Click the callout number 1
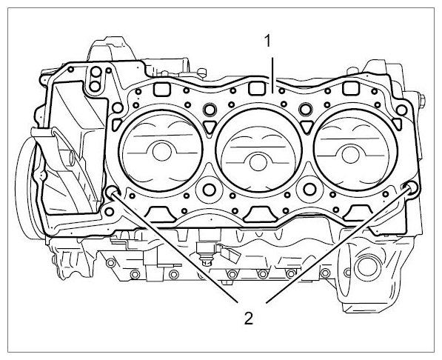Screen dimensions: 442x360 point(267,41)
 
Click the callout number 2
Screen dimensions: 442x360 point(248,319)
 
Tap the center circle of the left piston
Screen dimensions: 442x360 point(162,152)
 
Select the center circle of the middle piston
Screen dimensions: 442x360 point(258,162)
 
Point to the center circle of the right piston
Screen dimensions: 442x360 point(351,156)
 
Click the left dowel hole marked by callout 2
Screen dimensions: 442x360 point(113,192)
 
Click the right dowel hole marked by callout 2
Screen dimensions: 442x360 point(412,187)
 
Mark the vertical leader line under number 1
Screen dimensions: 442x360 point(272,76)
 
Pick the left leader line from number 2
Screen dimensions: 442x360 point(175,247)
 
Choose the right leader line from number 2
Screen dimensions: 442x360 point(338,245)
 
